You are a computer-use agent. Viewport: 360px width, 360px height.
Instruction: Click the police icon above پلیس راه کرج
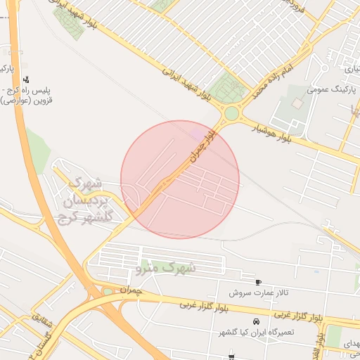pyautogui.click(x=26, y=79)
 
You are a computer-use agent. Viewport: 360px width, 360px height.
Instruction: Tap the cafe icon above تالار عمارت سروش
pyautogui.click(x=257, y=281)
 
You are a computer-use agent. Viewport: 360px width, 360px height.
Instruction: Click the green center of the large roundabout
pyautogui.click(x=231, y=113)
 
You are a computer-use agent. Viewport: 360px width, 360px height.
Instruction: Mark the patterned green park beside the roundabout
pyautogui.click(x=229, y=88)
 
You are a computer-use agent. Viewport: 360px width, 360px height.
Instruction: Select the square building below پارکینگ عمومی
pyautogui.click(x=297, y=103)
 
